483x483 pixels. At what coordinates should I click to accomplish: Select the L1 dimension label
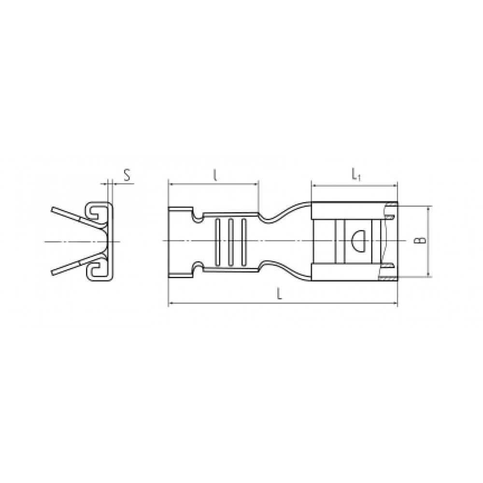point(355,175)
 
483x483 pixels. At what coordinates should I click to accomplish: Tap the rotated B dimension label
point(423,240)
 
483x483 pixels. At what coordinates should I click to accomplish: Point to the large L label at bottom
point(279,295)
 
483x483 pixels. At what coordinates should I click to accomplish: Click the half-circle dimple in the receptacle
point(358,240)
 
